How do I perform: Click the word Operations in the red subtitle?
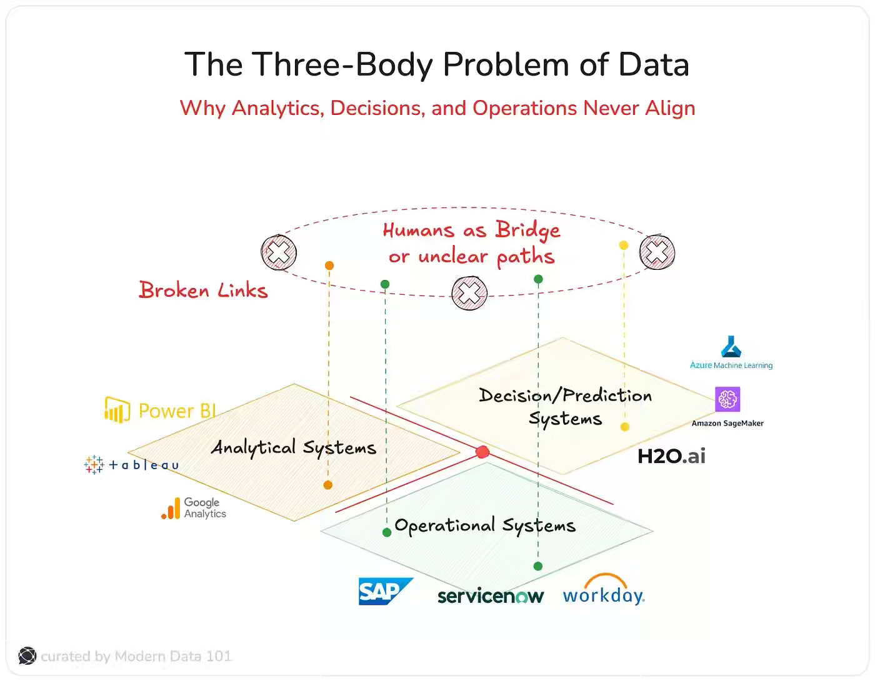tap(524, 108)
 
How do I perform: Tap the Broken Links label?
tap(203, 291)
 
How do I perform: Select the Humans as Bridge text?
tap(471, 231)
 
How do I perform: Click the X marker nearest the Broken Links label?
tap(279, 252)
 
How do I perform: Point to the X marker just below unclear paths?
tap(469, 293)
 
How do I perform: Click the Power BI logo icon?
tap(117, 410)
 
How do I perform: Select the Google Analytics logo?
tap(194, 508)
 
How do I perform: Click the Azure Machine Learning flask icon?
tap(731, 346)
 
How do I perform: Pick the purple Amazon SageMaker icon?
tap(727, 399)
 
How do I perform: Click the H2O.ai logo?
tap(671, 456)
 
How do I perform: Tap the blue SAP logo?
tap(384, 591)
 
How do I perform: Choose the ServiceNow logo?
tap(491, 596)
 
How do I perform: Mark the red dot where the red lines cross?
tap(482, 452)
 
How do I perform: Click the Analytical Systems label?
tap(294, 447)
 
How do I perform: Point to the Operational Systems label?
tap(485, 525)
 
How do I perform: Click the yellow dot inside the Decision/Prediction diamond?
tap(624, 427)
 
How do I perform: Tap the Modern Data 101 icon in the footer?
tap(27, 655)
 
